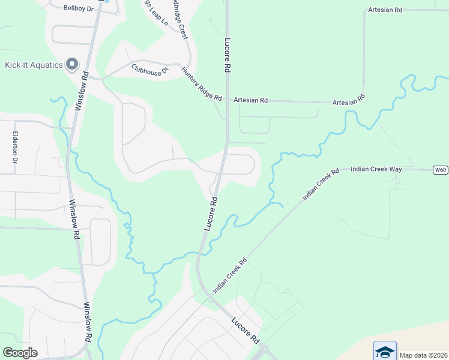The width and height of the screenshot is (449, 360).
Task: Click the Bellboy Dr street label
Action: pos(79,8)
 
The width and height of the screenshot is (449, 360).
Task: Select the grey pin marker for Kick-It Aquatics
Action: pos(73,64)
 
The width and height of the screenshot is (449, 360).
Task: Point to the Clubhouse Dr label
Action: pos(150,68)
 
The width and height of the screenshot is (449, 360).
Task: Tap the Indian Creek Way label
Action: pos(376,170)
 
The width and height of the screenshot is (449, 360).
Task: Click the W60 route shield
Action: pos(440,170)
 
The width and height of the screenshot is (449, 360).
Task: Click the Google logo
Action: pos(20,353)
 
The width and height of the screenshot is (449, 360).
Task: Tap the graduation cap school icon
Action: pos(385,351)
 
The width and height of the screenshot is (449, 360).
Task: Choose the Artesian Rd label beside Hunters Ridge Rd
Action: pos(250,100)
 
